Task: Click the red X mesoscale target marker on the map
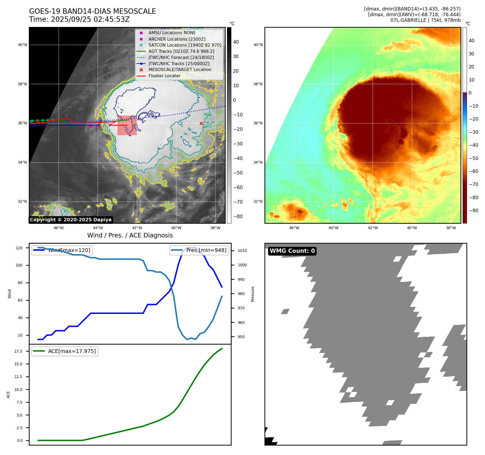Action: tap(201, 123)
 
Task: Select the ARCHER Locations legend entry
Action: tap(177, 39)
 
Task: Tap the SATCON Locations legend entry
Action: tap(185, 45)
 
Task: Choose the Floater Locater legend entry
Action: tap(164, 76)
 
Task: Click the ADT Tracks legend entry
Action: tap(181, 51)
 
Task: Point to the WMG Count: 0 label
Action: tap(292, 251)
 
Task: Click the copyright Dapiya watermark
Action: tap(71, 220)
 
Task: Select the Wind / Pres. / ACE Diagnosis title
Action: tap(130, 235)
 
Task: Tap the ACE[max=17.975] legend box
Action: tap(65, 351)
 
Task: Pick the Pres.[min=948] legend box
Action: tap(199, 250)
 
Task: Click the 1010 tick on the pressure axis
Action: tap(242, 251)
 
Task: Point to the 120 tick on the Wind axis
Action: tap(19, 248)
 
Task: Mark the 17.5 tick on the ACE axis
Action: tap(18, 351)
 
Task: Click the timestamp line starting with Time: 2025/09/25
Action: tap(79, 19)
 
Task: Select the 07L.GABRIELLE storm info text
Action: tap(425, 20)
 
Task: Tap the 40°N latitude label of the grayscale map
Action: tap(22, 45)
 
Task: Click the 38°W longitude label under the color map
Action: tap(451, 228)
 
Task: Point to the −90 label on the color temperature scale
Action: tap(473, 211)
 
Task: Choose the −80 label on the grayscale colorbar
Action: tap(238, 216)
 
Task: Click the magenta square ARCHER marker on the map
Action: tap(91, 126)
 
